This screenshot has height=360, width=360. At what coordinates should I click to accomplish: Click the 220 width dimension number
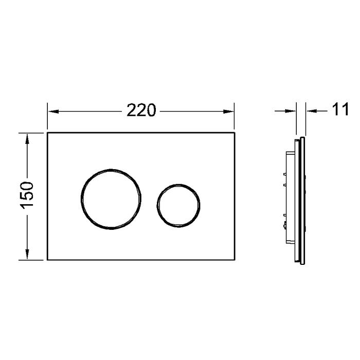pos(141,110)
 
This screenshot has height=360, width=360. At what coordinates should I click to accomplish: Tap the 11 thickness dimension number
pos(340,110)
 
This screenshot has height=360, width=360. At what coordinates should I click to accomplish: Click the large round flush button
pos(110,197)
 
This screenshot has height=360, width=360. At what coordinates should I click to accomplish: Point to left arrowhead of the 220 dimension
pos(52,110)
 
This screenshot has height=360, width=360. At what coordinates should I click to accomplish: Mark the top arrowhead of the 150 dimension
pos(27,136)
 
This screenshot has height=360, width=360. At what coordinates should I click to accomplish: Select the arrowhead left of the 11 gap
pos(293,110)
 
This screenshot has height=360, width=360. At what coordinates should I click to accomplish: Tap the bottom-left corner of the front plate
pos(47,260)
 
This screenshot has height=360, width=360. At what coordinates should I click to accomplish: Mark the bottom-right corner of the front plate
pos(234,260)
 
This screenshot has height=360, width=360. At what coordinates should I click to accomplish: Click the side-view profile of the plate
pos(303,201)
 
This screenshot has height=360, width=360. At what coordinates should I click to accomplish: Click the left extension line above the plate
pos(47,117)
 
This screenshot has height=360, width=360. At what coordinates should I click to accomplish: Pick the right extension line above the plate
pos(234,117)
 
